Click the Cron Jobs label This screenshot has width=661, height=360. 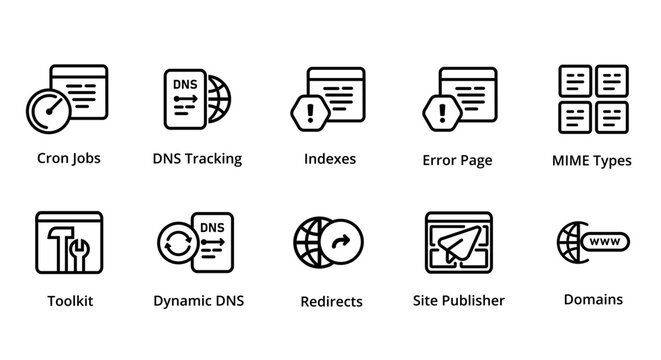68,158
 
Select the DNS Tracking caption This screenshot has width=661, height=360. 197,158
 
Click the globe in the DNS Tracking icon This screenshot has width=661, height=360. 218,100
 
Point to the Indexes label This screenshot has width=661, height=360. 329,158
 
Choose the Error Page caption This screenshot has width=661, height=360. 457,160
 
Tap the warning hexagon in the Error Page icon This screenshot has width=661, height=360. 441,112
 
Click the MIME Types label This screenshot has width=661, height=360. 591,160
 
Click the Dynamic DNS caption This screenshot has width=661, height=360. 198,300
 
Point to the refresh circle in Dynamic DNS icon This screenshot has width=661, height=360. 181,244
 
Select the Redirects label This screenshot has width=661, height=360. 331,301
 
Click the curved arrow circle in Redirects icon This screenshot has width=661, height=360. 341,241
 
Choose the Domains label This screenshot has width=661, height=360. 593,299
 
